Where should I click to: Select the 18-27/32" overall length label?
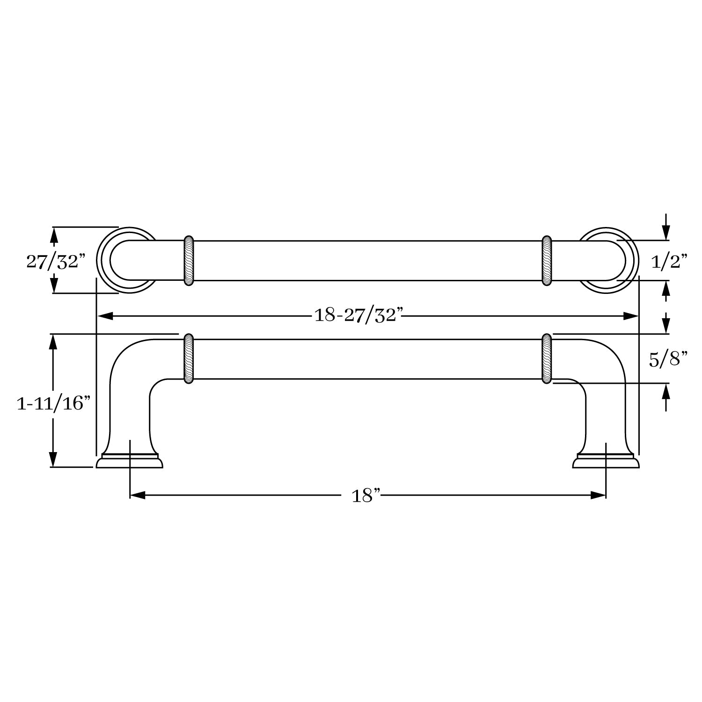358,315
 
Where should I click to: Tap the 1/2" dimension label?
669,262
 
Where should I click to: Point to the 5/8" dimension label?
668,359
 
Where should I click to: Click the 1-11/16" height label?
53,402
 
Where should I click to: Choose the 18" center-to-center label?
366,495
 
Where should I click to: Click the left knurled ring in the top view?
189,261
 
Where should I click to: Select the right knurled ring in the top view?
547,261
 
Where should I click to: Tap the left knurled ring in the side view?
189,359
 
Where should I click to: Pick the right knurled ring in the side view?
547,359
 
